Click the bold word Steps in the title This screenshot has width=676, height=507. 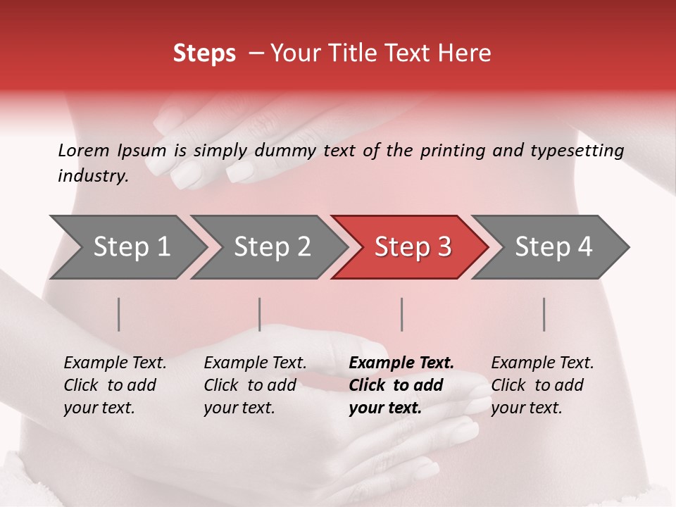pyautogui.click(x=204, y=54)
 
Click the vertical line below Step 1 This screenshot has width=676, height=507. pyautogui.click(x=119, y=314)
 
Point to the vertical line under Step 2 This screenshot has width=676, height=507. pyautogui.click(x=260, y=314)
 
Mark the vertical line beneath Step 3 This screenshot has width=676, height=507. pyautogui.click(x=402, y=314)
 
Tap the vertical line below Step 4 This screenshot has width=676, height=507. pyautogui.click(x=544, y=314)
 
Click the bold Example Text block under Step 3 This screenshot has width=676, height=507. pyautogui.click(x=401, y=385)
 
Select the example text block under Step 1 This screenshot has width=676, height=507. pyautogui.click(x=115, y=385)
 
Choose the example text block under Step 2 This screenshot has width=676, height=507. pyautogui.click(x=255, y=385)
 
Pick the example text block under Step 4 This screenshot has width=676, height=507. pyautogui.click(x=542, y=385)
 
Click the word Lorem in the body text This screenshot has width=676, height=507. pyautogui.click(x=84, y=150)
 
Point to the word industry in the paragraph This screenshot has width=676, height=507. pyautogui.click(x=92, y=176)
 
